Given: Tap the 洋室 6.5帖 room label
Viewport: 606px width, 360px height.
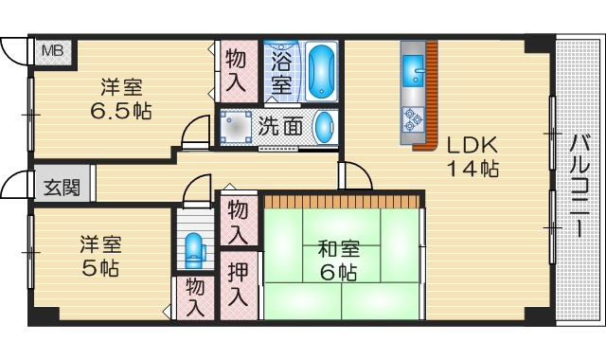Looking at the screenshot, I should (122, 99).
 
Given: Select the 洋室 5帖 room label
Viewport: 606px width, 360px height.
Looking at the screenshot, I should (99, 256).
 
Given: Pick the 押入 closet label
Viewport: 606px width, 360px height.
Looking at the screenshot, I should (239, 281).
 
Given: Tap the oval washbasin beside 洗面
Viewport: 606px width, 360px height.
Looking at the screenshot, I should (324, 125).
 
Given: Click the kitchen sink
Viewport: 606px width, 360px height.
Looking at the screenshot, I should (414, 71).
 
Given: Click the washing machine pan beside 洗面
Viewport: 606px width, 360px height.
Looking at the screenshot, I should (239, 125).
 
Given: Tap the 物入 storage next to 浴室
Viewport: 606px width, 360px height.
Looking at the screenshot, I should (235, 70).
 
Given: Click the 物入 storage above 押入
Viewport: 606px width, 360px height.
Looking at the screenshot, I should (239, 220).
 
